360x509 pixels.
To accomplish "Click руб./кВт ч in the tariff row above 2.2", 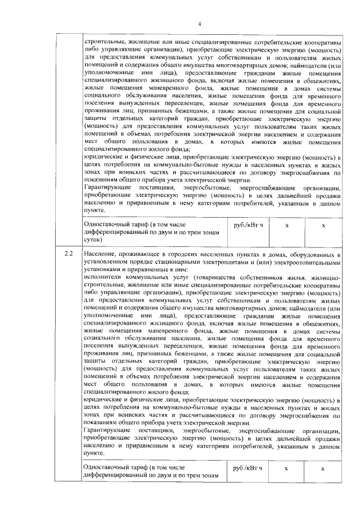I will (x=248, y=225).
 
